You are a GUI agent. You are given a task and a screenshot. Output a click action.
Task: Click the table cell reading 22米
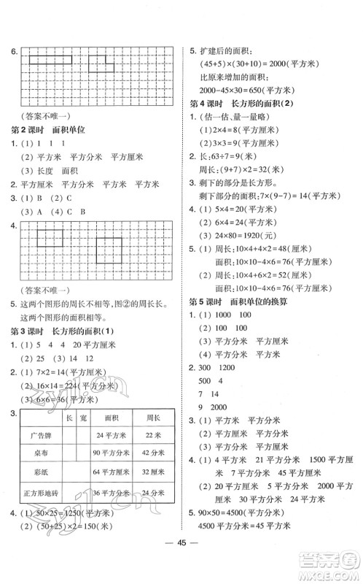pyautogui.click(x=152, y=435)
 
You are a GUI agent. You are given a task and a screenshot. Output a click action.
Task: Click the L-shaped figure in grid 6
pyautogui.click(x=102, y=64)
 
